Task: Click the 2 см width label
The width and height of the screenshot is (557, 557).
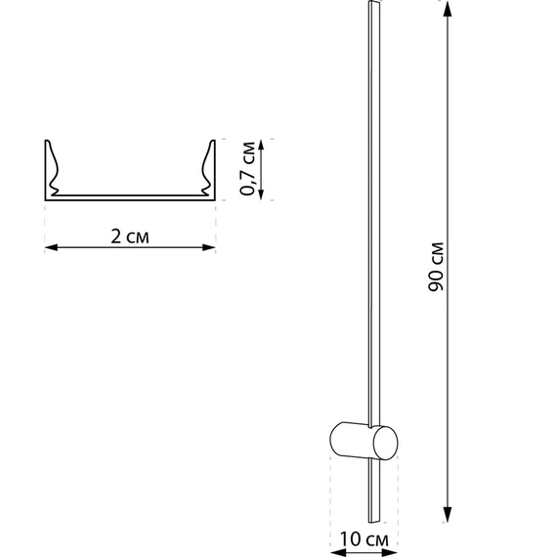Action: (130, 236)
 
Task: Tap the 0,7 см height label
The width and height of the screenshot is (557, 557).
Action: (248, 168)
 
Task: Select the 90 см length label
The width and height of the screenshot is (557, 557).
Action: (436, 267)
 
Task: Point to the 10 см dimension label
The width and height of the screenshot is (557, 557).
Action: (364, 539)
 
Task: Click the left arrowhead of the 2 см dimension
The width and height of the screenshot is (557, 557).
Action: (51, 247)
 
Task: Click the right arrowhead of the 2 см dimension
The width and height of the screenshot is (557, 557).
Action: (209, 247)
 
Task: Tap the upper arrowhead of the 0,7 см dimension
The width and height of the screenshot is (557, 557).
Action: (261, 146)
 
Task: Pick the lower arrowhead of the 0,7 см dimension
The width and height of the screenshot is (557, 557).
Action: (261, 193)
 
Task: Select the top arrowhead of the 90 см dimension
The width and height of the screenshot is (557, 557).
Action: (448, 9)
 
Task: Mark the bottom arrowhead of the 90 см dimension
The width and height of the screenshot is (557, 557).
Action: (448, 514)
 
